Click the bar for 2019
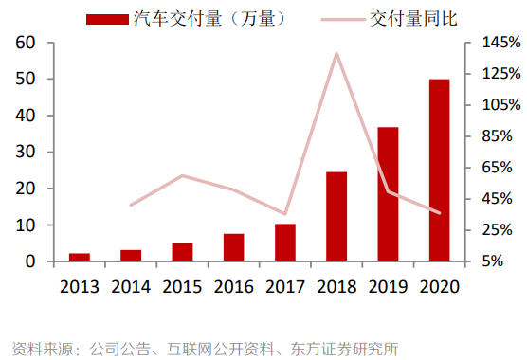coord(388,194)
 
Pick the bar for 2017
coord(285,243)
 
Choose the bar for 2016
coord(234,247)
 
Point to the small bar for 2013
coord(80,257)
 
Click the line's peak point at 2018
coord(336,53)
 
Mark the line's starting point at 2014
coord(131,205)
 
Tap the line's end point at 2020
coord(440,213)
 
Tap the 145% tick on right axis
coord(499,43)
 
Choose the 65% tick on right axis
coord(499,168)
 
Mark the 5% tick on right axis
coord(499,261)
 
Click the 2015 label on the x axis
coord(182,286)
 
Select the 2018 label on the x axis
coord(336,286)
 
